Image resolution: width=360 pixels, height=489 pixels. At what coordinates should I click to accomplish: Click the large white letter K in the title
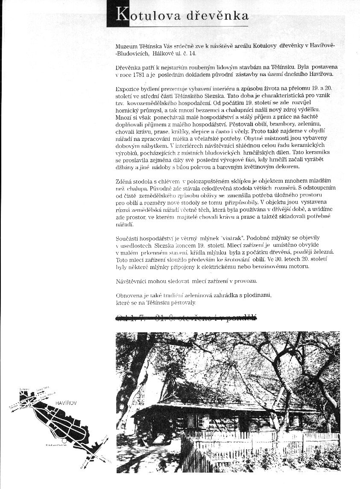pyautogui.click(x=122, y=15)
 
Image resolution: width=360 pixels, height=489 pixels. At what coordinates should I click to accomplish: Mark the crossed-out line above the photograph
pyautogui.click(x=186, y=317)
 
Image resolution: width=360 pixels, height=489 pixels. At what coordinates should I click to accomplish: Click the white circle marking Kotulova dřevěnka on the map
pyautogui.click(x=64, y=440)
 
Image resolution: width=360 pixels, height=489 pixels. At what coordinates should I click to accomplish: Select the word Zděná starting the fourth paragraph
pyautogui.click(x=125, y=181)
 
